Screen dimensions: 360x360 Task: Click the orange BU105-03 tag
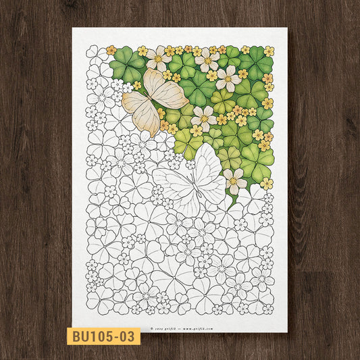(103, 336)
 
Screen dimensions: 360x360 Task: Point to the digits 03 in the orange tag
(128, 336)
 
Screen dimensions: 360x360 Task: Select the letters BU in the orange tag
(79, 336)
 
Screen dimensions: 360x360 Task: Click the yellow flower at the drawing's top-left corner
(111, 50)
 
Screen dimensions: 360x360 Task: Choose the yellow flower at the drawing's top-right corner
(269, 51)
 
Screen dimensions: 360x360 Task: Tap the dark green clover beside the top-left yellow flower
(127, 62)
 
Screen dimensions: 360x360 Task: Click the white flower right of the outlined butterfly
(234, 180)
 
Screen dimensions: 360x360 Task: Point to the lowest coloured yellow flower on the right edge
(266, 183)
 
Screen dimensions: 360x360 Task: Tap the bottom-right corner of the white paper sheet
(287, 332)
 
